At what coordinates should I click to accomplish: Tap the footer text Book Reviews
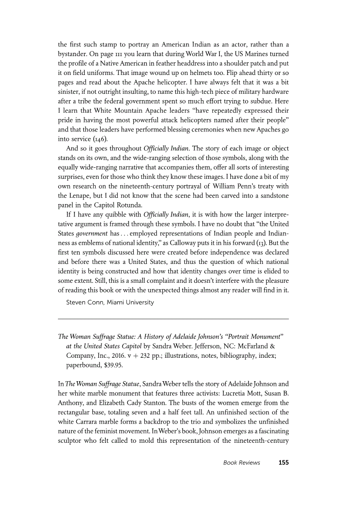pos(241,463)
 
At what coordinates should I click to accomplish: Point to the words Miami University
pos(131,302)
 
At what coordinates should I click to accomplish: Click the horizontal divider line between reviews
pos(173,319)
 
